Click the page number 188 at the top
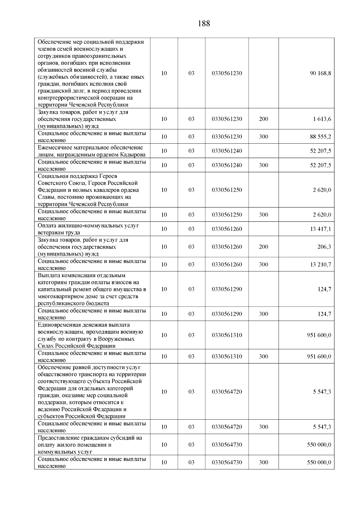click(204, 24)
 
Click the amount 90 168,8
click(320, 73)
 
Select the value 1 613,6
click(322, 119)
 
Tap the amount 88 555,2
click(320, 136)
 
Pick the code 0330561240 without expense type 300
click(226, 151)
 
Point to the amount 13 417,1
click(320, 229)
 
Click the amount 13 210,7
click(320, 264)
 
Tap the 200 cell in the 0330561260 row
click(263, 247)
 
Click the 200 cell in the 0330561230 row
click(263, 119)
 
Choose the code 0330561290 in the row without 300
click(226, 289)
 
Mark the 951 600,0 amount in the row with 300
click(319, 356)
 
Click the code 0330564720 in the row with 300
click(226, 427)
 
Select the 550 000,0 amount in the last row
click(319, 462)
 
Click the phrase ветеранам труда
click(59, 232)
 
